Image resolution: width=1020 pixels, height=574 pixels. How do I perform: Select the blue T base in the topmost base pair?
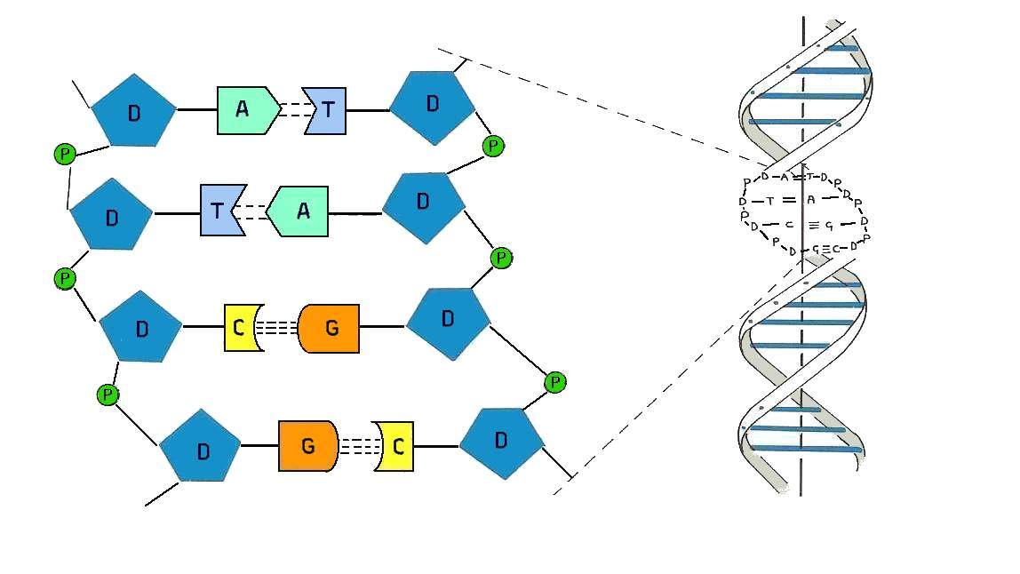[327, 110]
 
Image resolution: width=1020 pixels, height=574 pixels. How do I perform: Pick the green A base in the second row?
[300, 211]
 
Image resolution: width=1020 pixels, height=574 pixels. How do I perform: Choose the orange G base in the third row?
[330, 328]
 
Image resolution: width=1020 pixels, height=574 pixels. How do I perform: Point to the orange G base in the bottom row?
[307, 445]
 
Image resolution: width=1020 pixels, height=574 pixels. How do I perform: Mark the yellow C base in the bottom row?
[395, 446]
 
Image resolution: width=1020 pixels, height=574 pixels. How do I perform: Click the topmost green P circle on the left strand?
[64, 155]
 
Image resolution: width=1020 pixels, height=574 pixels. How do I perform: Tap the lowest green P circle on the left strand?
[108, 395]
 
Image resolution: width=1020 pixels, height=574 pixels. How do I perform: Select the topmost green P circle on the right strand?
[493, 145]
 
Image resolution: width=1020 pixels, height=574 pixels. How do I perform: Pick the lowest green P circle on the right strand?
[554, 382]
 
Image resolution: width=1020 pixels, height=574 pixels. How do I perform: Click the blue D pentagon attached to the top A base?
[134, 111]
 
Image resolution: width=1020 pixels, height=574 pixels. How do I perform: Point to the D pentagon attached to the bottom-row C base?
[501, 442]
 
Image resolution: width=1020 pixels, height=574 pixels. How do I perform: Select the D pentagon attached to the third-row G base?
[448, 321]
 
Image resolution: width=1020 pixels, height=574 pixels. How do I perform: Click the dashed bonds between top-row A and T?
[291, 110]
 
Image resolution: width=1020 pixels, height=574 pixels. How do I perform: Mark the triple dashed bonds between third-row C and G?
[278, 327]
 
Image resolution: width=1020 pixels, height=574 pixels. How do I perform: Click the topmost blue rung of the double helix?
[834, 47]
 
